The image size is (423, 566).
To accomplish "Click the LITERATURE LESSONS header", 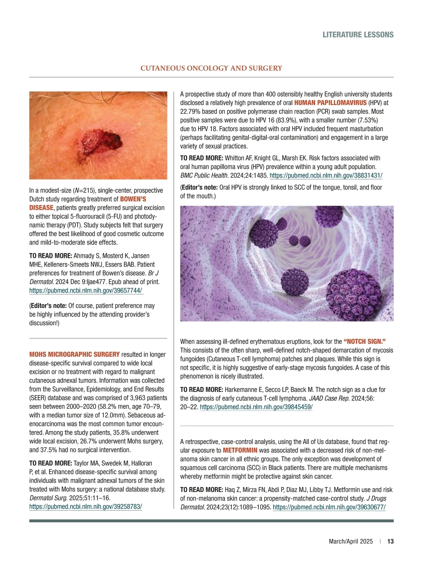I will (358, 35).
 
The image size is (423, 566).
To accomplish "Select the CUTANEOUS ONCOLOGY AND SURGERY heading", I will (211, 68).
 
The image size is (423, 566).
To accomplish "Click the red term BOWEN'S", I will (133, 199).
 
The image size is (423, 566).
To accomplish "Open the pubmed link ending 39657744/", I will (86, 290).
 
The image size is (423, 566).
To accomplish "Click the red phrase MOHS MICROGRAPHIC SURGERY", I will (74, 354).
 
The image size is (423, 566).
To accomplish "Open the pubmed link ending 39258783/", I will (86, 507).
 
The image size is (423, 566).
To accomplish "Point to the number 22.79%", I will (191, 111).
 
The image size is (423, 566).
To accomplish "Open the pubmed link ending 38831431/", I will (326, 176).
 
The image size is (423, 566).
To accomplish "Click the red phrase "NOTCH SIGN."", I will (364, 342).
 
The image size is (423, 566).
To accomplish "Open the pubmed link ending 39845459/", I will (256, 407).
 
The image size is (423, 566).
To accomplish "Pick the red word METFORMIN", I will (240, 450).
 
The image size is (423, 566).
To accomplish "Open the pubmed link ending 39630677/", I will (329, 507).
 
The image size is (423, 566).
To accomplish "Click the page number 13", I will (390, 541).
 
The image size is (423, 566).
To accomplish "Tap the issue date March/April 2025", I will (350, 541).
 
